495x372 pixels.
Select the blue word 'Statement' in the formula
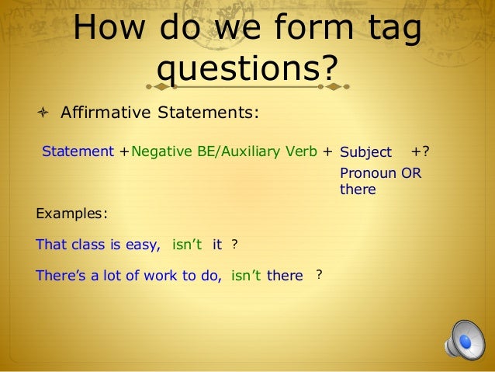point(78,151)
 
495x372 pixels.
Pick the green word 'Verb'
point(302,151)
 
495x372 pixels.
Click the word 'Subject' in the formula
point(365,152)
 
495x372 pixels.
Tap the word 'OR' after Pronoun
point(412,173)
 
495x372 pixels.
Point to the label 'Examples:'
point(71,213)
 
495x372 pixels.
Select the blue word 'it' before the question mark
point(216,245)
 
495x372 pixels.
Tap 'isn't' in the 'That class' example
point(186,245)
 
